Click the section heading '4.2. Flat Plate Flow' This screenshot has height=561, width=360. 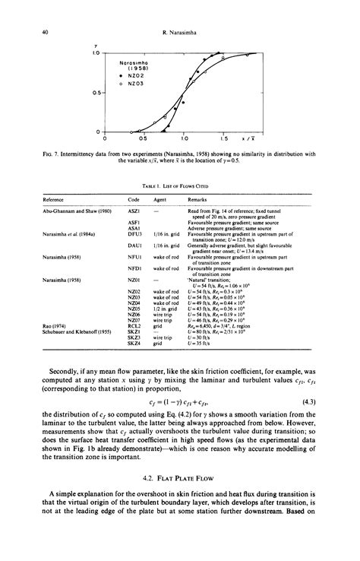pyautogui.click(x=181, y=477)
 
